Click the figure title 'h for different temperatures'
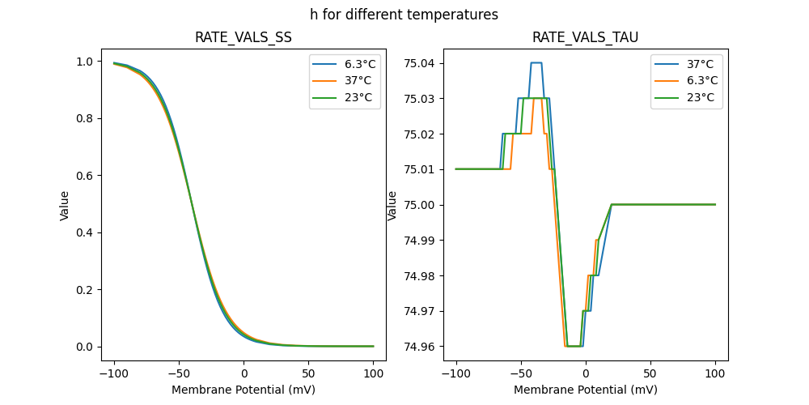[x=404, y=15]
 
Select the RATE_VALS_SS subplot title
[x=244, y=38]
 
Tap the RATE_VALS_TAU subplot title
[x=586, y=38]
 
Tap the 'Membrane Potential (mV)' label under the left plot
[x=244, y=390]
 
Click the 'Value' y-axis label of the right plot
[x=392, y=205]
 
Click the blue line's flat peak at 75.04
[x=536, y=63]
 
